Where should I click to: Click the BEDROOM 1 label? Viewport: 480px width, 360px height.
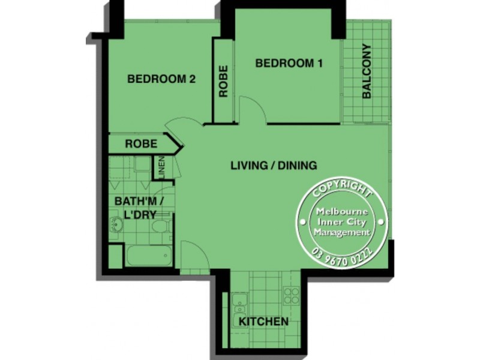(285, 64)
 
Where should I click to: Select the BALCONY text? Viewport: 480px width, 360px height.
(367, 71)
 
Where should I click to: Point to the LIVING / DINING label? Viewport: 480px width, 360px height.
(274, 166)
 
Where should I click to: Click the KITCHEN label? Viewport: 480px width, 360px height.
(264, 322)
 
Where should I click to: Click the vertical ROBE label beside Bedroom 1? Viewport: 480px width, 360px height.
(223, 81)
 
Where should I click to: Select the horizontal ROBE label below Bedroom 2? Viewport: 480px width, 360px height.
(142, 145)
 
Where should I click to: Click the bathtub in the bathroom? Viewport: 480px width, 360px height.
(148, 257)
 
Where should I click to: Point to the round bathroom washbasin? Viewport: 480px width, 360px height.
(115, 226)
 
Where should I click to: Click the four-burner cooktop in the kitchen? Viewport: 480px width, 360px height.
(291, 295)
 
